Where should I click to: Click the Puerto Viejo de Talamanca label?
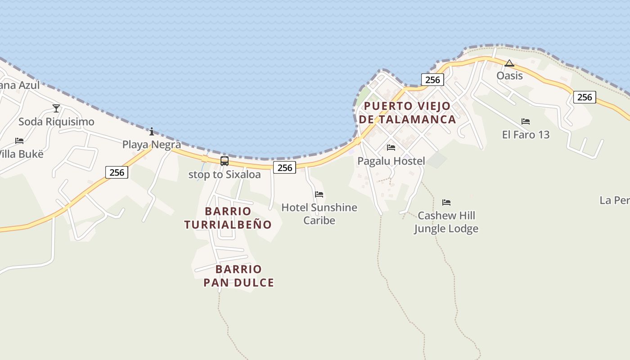pos(407,112)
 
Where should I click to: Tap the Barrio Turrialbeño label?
pos(228,218)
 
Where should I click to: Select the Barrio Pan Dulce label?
pos(238,276)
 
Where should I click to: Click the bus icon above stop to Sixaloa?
pos(225,161)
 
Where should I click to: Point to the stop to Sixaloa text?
pos(225,175)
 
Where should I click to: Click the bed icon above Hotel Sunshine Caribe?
pos(319,194)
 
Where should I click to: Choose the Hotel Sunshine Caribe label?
pos(319,214)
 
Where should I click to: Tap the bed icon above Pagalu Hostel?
pos(391,148)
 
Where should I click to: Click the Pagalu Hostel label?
pos(391,161)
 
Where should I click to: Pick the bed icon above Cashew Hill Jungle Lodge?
pos(446,202)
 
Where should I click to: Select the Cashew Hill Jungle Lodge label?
pos(446,222)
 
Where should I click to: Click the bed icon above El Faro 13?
pos(525,121)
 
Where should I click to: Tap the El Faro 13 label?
pos(526,135)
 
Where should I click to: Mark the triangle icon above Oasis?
pos(509,63)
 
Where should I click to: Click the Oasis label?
pos(509,76)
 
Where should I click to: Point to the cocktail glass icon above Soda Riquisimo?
pos(56,108)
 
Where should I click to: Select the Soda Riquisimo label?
pos(56,121)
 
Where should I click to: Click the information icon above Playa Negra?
pos(152,131)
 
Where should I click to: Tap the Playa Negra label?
pos(152,144)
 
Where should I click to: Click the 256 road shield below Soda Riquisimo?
pos(117,172)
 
